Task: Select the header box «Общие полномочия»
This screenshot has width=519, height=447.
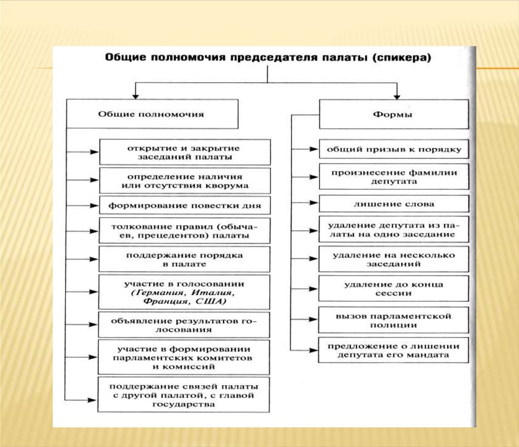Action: point(152,114)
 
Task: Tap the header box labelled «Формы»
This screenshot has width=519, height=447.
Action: point(394,114)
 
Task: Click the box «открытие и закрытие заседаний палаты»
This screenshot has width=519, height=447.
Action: point(184,152)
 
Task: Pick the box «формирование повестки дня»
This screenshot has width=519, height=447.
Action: point(184,205)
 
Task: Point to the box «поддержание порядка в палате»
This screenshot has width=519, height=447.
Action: point(184,259)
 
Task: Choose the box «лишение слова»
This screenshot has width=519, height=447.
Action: point(394,203)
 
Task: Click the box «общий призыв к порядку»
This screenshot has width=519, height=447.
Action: point(394,149)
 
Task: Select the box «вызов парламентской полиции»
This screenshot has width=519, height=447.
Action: point(394,320)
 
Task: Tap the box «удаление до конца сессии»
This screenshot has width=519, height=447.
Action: point(394,289)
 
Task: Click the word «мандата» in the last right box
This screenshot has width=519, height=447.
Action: point(431,355)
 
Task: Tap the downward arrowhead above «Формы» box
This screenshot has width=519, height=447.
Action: point(397,94)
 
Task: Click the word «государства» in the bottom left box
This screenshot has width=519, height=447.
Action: point(183,404)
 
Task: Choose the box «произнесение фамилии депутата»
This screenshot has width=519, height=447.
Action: point(394,176)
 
